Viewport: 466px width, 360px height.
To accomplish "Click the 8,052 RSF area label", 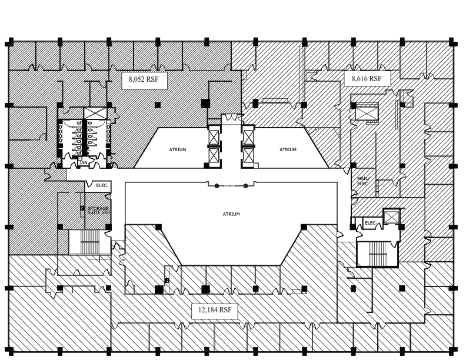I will tap(144, 81).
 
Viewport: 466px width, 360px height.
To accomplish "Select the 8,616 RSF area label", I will tap(367, 78).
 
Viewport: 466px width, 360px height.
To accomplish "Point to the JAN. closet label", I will tap(84, 162).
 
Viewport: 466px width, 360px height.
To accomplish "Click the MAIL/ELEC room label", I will tap(362, 181).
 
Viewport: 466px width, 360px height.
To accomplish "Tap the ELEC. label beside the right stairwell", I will tap(370, 224).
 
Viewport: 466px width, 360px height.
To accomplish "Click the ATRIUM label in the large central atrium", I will tap(231, 214).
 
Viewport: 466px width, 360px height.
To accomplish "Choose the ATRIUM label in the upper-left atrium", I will tap(177, 149).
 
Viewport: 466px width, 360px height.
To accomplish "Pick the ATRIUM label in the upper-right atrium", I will tap(288, 149).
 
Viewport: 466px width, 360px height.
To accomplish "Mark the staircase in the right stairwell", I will tap(377, 254).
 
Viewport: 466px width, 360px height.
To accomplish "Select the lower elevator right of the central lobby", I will tap(248, 156).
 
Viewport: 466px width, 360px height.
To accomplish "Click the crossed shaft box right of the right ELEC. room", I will tap(391, 217).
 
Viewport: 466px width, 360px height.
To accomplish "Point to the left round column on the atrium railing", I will tap(217, 186).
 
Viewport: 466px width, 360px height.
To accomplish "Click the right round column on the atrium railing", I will tap(246, 186).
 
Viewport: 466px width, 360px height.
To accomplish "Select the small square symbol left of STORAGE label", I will tap(82, 208).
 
